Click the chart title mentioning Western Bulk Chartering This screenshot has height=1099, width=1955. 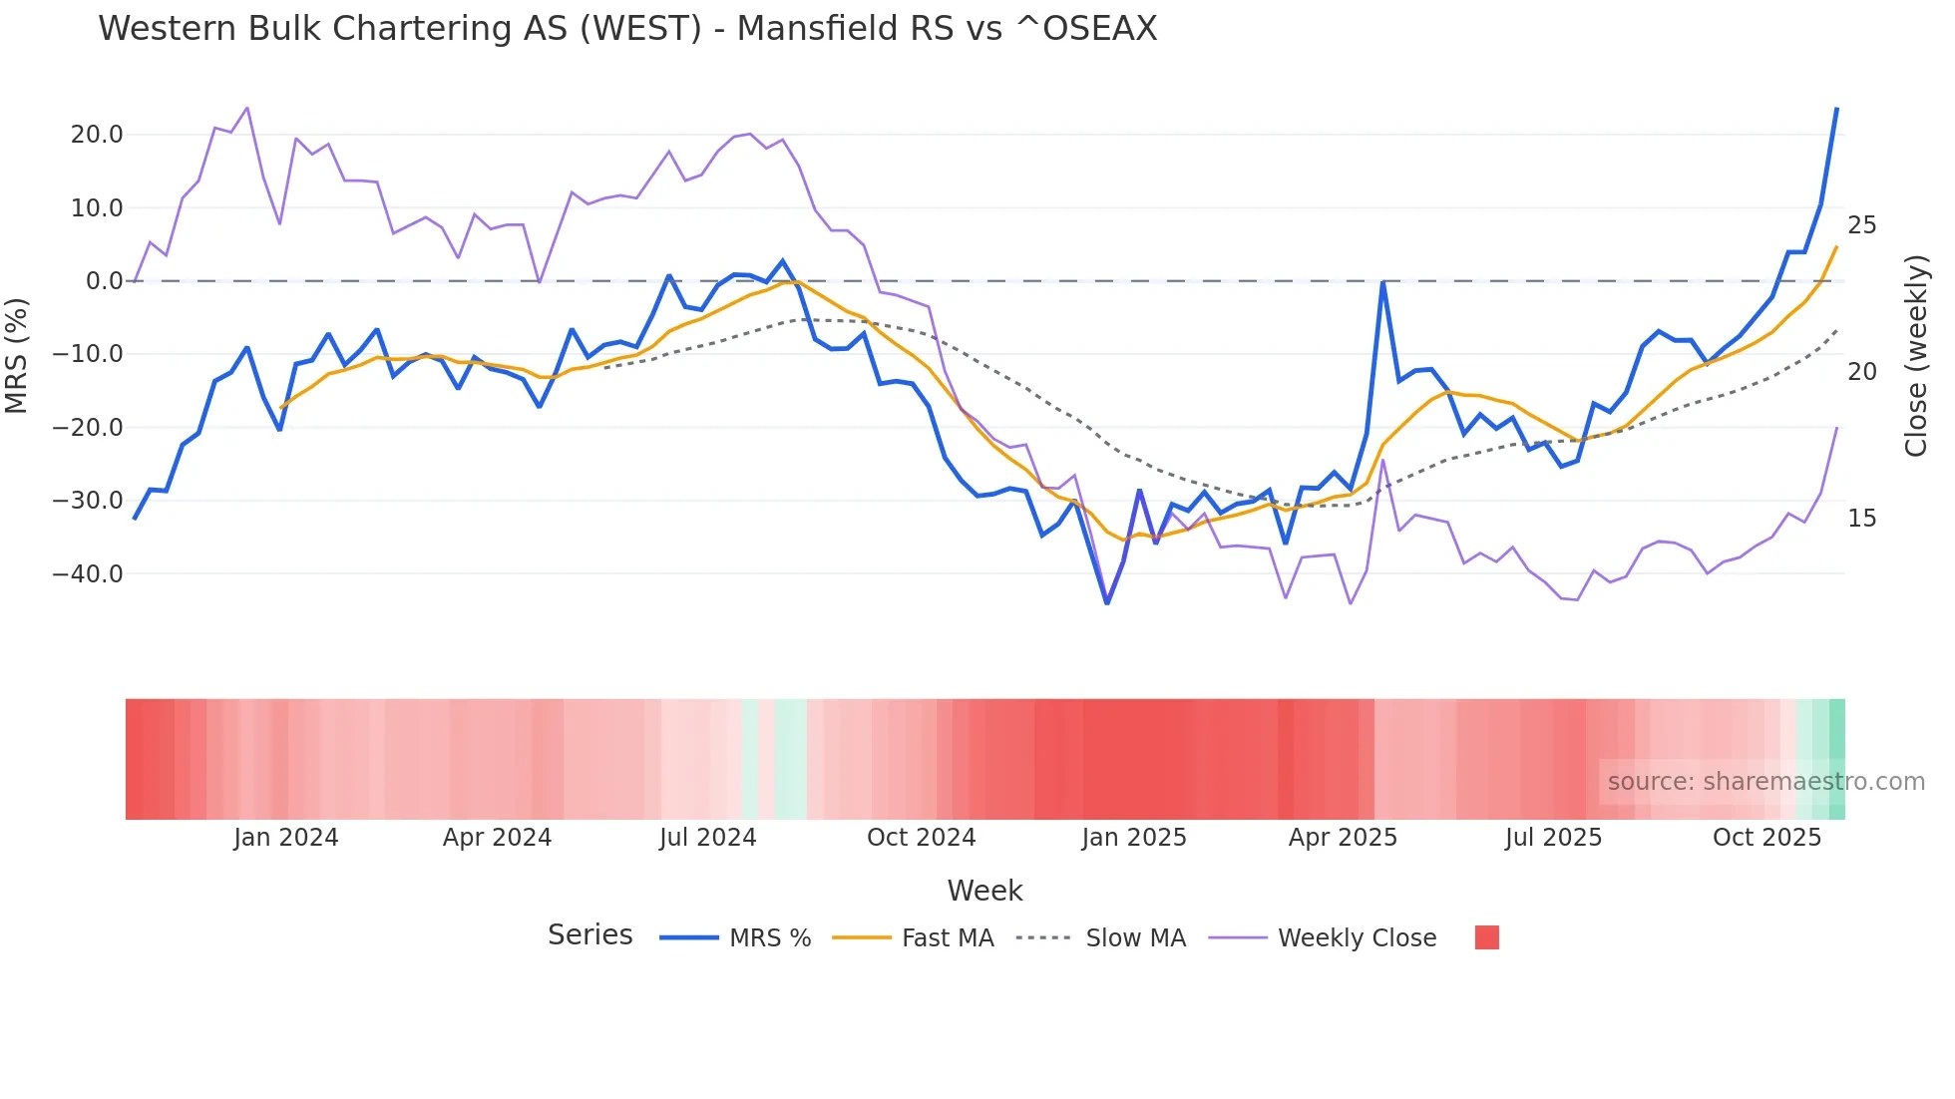pyautogui.click(x=627, y=29)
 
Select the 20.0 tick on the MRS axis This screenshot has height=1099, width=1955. pyautogui.click(x=97, y=135)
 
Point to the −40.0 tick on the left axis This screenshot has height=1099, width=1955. pyautogui.click(x=89, y=574)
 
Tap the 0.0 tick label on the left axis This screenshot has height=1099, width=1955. pyautogui.click(x=104, y=281)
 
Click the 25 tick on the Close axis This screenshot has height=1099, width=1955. pyautogui.click(x=1861, y=225)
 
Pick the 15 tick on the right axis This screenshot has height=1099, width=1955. pyautogui.click(x=1861, y=519)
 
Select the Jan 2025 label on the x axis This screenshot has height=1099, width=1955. pyautogui.click(x=1134, y=838)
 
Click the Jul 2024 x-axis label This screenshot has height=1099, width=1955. pyautogui.click(x=708, y=838)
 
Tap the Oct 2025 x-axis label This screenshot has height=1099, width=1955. pyautogui.click(x=1766, y=838)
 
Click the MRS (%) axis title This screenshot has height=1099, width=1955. pyautogui.click(x=17, y=355)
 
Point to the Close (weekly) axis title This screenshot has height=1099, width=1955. pyautogui.click(x=1916, y=356)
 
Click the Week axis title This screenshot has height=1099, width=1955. pyautogui.click(x=984, y=891)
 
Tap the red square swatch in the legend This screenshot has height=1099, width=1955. pyautogui.click(x=1486, y=937)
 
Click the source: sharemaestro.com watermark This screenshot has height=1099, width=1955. pyautogui.click(x=1765, y=782)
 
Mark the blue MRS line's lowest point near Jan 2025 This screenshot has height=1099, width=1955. pyautogui.click(x=1107, y=602)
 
